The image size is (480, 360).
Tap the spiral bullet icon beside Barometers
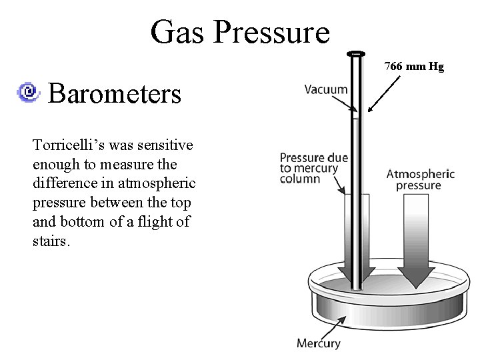pos(30,93)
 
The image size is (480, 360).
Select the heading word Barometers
pos(115,94)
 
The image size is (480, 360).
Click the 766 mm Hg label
pos(414,67)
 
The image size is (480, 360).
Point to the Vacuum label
pos(326,89)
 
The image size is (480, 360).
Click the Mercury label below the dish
pos(319,344)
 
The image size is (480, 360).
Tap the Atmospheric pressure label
pos(420,179)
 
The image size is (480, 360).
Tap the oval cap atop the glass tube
pos(357,53)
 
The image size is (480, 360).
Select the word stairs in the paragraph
pos(49,241)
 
